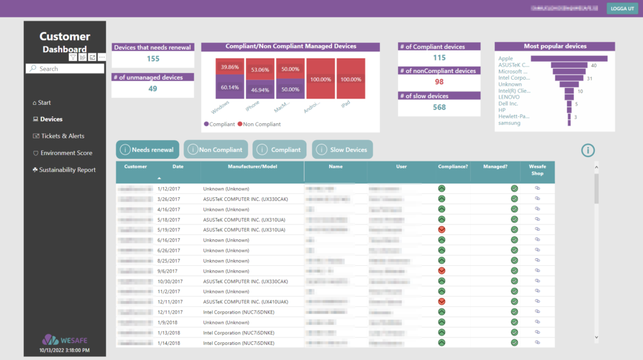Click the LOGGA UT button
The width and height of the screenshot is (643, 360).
[x=622, y=8]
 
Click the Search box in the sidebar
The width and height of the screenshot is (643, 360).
[x=65, y=68]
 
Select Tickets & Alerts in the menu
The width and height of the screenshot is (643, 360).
[x=62, y=136]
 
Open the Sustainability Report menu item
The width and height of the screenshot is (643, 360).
[x=67, y=170]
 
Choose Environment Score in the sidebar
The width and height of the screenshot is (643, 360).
[x=66, y=153]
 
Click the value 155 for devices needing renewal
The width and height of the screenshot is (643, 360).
[x=153, y=58]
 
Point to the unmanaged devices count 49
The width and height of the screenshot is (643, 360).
[x=153, y=89]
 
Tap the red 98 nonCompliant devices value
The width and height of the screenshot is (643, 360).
[x=439, y=82]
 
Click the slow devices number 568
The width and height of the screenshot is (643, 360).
[x=439, y=107]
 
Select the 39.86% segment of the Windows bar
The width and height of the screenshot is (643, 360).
[x=230, y=67]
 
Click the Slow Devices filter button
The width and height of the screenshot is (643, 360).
[x=343, y=150]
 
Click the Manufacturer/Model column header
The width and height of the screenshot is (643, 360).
[x=252, y=167]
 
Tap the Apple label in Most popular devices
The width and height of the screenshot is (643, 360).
[x=505, y=58]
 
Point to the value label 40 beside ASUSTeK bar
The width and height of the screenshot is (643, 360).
[x=593, y=65]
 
